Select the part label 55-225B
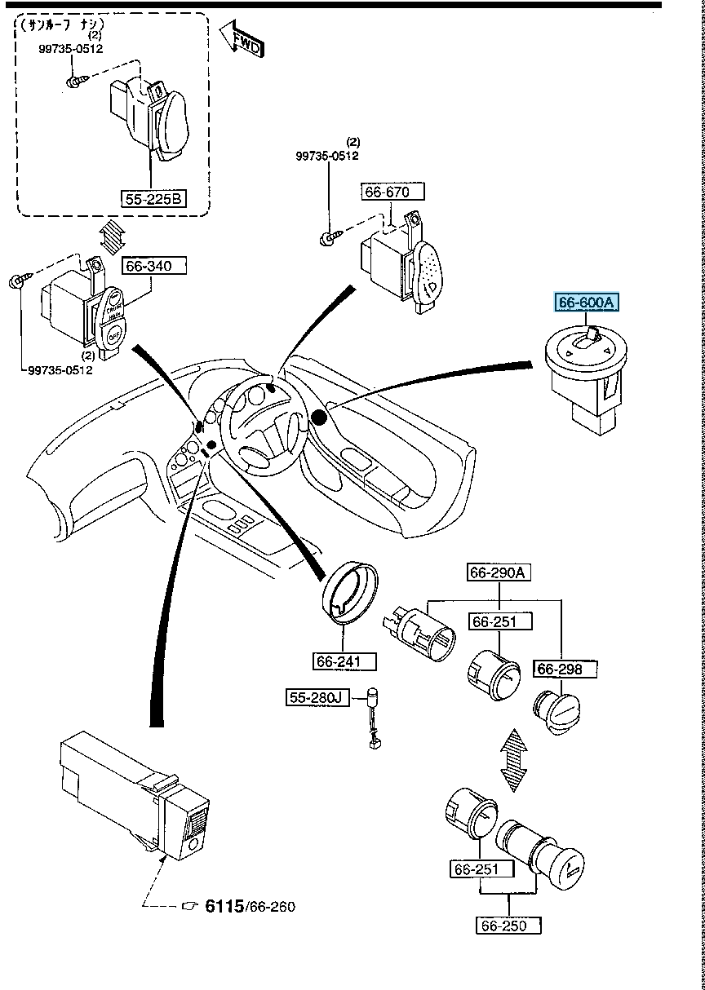click(154, 197)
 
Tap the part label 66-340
click(155, 265)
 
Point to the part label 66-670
click(394, 192)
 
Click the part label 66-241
click(345, 683)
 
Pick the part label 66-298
click(565, 670)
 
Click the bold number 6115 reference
click(224, 905)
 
